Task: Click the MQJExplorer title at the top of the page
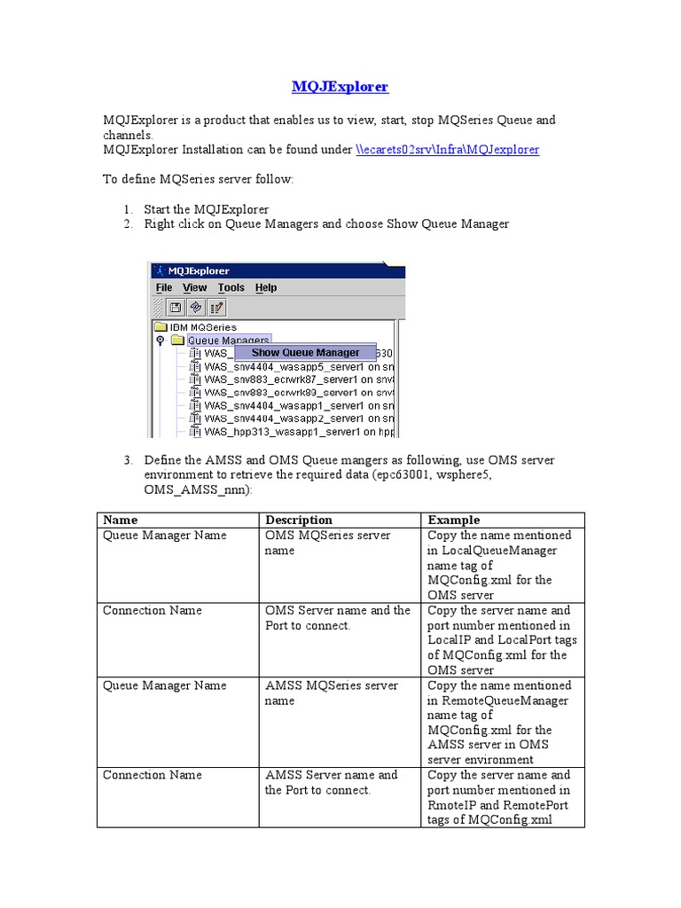point(340,87)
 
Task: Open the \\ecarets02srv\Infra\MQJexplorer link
point(447,150)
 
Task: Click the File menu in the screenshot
point(164,287)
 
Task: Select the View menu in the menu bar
point(194,287)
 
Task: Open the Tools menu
point(231,287)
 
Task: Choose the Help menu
point(266,287)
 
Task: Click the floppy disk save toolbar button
point(176,307)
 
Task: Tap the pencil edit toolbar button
point(216,307)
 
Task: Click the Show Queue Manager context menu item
point(305,352)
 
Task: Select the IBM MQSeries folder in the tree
point(203,326)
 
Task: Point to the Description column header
point(299,521)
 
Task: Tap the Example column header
point(453,521)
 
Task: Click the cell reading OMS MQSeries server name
point(327,543)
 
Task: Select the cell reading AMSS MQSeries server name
point(331,693)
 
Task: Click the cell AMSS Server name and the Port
point(331,782)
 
